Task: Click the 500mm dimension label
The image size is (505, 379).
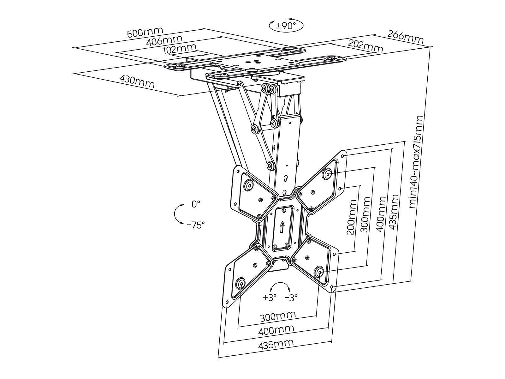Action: (x=145, y=32)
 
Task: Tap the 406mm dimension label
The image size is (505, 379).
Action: (x=164, y=41)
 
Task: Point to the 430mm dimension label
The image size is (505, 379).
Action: (x=137, y=81)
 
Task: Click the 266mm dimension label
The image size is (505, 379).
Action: (x=405, y=36)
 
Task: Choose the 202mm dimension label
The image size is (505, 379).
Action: (x=365, y=46)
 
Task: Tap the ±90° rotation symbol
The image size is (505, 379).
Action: (x=286, y=25)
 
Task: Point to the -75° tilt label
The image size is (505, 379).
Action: (x=196, y=225)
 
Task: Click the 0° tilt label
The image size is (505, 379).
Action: (x=196, y=204)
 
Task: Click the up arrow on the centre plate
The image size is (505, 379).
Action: (x=282, y=227)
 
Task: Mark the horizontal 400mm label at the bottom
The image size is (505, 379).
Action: (x=276, y=330)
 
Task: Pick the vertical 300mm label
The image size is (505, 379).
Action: (x=365, y=215)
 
